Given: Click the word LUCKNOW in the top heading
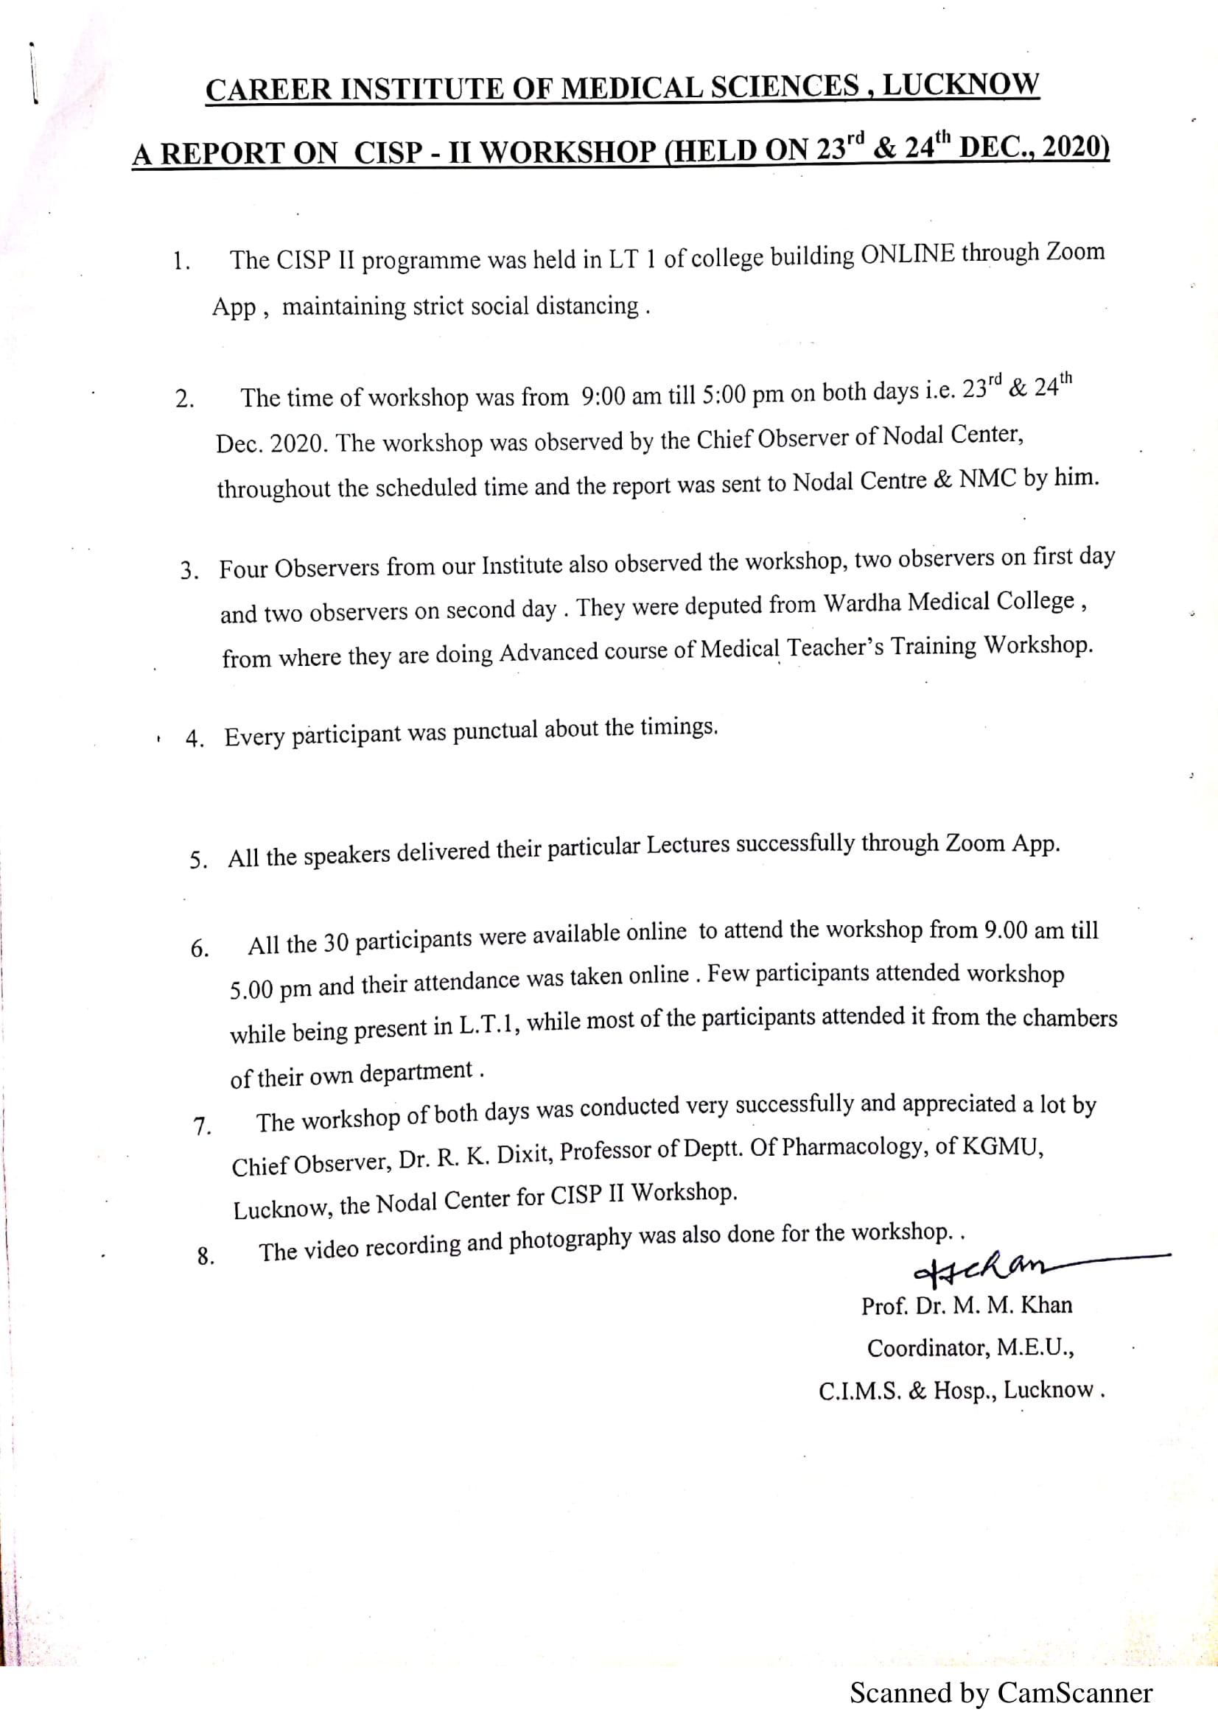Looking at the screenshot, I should click(x=960, y=83).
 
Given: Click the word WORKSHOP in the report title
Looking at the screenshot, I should click(x=568, y=151).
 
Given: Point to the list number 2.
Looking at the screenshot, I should click(x=185, y=399).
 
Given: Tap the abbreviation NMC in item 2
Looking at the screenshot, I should click(x=987, y=479).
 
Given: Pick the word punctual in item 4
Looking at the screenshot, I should click(x=495, y=731).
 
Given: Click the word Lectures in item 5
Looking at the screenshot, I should click(x=687, y=846).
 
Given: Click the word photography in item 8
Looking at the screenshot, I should click(x=570, y=1240).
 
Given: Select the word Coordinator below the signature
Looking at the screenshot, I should click(x=928, y=1348).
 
